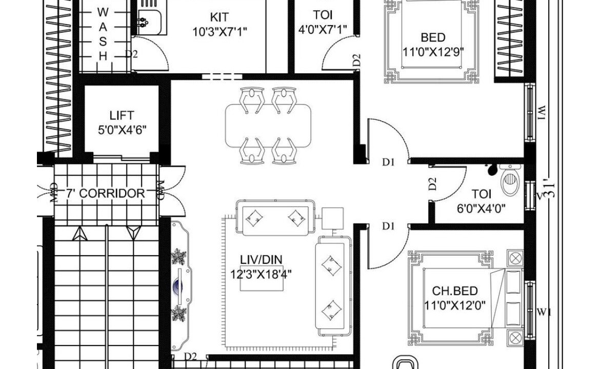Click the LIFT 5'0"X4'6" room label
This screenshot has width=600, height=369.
122,122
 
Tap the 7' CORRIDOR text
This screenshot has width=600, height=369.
106,194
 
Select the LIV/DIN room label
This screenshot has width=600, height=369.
261,260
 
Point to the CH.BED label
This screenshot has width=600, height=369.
454,291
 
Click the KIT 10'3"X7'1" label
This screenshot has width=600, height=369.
219,24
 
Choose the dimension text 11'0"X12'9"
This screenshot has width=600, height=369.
433,52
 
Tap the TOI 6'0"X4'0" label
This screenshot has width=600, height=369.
482,201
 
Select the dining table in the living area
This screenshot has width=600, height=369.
268,126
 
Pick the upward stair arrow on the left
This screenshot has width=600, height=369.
80,234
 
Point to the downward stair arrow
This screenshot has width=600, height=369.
133,233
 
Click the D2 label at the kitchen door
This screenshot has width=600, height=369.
132,54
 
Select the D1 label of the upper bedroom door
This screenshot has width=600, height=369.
388,162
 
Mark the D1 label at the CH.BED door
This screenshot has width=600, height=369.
388,227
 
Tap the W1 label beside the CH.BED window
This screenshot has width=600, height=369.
544,313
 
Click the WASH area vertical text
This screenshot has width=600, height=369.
103,34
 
